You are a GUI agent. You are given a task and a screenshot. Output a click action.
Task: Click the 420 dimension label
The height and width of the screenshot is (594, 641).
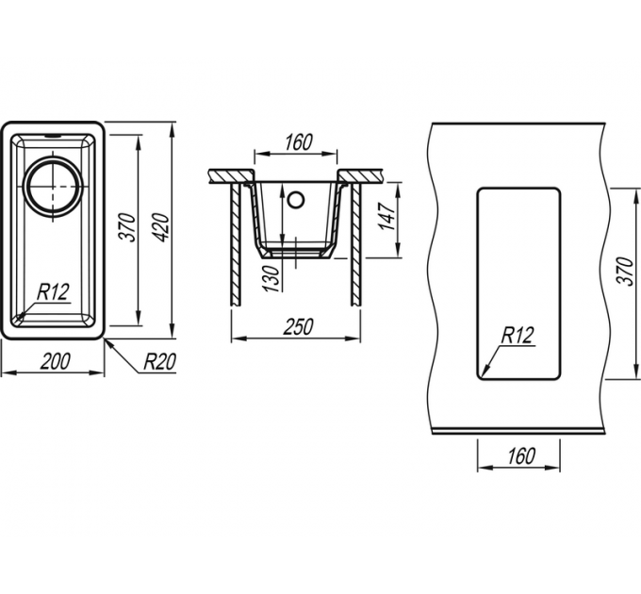coord(163,227)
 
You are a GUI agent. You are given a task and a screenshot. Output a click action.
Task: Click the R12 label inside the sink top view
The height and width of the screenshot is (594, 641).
coord(53,292)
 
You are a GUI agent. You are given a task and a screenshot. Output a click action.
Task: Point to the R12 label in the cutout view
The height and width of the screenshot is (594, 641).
coord(518,336)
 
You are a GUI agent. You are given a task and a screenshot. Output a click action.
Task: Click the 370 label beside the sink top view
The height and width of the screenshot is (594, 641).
coord(129,227)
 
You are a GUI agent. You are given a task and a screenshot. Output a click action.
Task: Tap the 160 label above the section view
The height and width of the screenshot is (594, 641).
coord(299,142)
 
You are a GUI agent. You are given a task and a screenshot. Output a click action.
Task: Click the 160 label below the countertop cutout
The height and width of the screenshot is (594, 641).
coord(520,456)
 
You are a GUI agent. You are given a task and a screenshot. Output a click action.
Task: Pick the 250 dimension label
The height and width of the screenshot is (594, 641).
coord(299,326)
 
